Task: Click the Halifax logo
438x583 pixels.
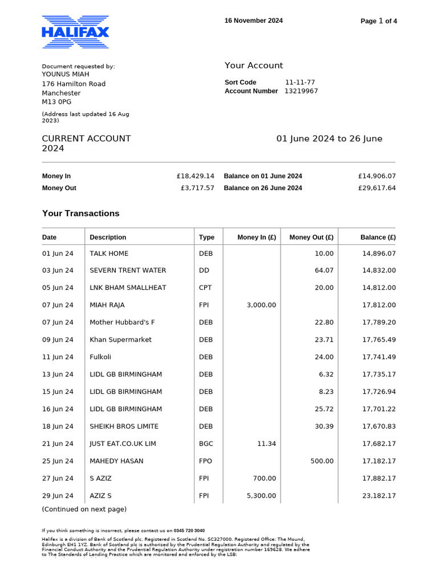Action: [x=75, y=31]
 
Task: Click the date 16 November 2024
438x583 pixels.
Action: [x=253, y=20]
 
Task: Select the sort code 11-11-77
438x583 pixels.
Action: [x=300, y=83]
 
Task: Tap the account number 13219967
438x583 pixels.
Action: [x=301, y=91]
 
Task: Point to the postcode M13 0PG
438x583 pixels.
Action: [x=57, y=102]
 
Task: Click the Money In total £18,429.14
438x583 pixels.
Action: [x=196, y=176]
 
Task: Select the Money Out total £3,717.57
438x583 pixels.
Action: [x=197, y=188]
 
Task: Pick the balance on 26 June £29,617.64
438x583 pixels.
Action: [x=377, y=188]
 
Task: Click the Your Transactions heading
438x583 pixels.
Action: [x=81, y=214]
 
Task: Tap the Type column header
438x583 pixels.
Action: [x=206, y=237]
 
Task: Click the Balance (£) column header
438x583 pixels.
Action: [x=378, y=237]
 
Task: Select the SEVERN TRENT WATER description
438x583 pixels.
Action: [x=128, y=270]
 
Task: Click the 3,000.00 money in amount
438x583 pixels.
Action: [x=261, y=305]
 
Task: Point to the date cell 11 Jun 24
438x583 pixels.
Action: [x=58, y=357]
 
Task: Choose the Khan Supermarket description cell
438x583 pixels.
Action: [x=120, y=340]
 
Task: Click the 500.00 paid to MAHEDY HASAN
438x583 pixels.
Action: [x=322, y=461]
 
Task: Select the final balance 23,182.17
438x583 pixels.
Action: [x=379, y=496]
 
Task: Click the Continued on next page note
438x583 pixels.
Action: [x=84, y=509]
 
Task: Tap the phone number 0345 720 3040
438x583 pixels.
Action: [x=190, y=530]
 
